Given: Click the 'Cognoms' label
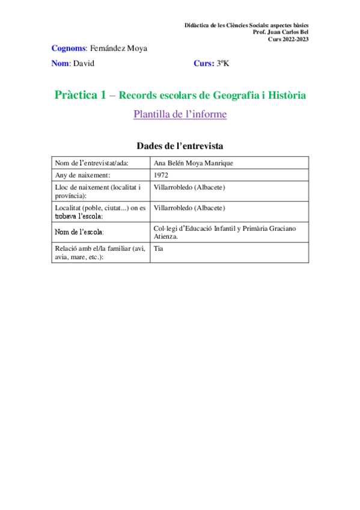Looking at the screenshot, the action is pyautogui.click(x=69, y=48).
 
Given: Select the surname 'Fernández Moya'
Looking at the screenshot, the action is pyautogui.click(x=119, y=48).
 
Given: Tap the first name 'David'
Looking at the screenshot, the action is pyautogui.click(x=84, y=63).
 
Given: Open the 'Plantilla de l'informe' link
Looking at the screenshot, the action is pyautogui.click(x=180, y=114).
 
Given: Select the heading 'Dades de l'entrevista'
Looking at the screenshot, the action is pyautogui.click(x=180, y=146).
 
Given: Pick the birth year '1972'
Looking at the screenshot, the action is pyautogui.click(x=161, y=175).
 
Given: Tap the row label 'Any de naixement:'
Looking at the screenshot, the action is pyautogui.click(x=82, y=175).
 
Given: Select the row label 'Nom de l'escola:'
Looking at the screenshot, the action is pyautogui.click(x=79, y=232).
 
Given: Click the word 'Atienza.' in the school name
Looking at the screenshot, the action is pyautogui.click(x=166, y=236).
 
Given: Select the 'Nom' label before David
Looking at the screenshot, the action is pyautogui.click(x=60, y=63).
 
